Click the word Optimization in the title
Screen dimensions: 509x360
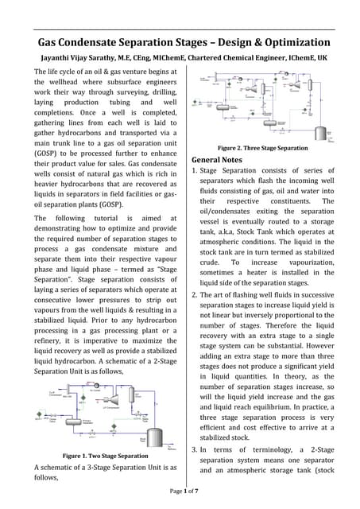[287, 42]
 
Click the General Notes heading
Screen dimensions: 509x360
[218, 159]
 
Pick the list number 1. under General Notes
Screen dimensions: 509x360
[195, 171]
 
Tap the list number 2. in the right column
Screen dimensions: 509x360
[195, 295]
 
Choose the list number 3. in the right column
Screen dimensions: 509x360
[195, 450]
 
